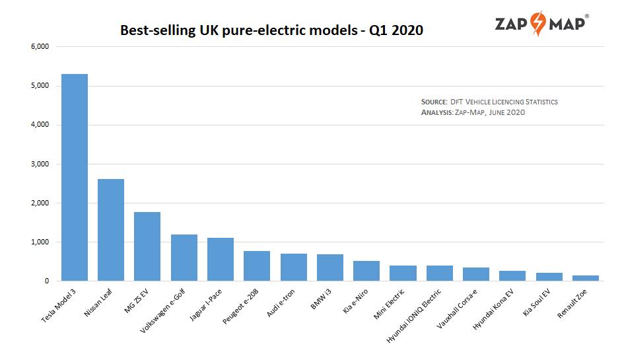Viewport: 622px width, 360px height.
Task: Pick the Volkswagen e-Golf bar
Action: coord(184,258)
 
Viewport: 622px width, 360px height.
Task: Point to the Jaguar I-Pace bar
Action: coord(221,260)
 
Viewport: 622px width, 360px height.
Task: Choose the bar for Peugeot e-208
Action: coord(257,266)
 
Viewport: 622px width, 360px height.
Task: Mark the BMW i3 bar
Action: coord(330,268)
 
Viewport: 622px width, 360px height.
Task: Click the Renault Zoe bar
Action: coord(586,278)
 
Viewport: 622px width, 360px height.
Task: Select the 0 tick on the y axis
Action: coord(47,281)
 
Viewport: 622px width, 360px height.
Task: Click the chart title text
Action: coord(271,30)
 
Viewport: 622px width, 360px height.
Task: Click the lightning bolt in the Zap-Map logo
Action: coord(538,24)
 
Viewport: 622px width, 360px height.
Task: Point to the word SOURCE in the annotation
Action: coord(434,102)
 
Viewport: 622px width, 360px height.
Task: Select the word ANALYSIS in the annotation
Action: coord(436,113)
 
